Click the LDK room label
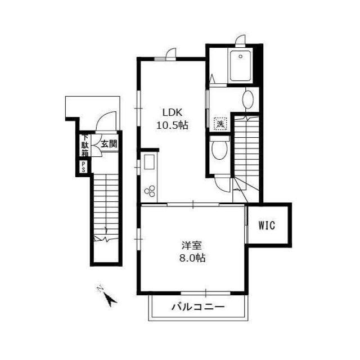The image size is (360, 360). click(x=172, y=112)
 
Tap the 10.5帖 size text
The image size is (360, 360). click(x=172, y=125)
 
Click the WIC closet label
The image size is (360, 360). click(x=267, y=226)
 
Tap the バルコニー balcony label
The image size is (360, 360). click(x=197, y=308)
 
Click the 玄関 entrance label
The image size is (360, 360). click(x=109, y=144)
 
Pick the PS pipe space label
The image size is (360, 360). click(x=83, y=166)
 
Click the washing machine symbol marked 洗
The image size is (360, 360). click(x=222, y=123)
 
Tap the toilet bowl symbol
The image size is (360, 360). click(x=219, y=150)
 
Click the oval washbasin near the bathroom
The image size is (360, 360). click(x=247, y=101)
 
